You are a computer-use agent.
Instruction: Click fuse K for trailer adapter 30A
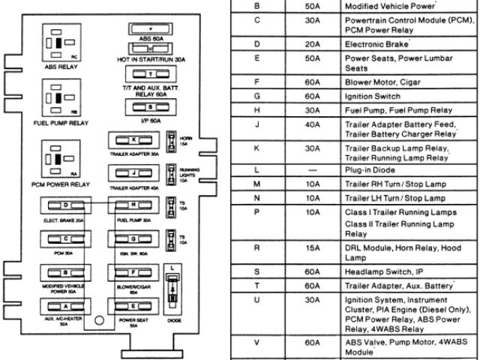pyautogui.click(x=133, y=140)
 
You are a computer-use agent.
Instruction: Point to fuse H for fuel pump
pyautogui.click(x=133, y=205)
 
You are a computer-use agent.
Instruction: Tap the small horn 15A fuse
pyautogui.click(x=173, y=139)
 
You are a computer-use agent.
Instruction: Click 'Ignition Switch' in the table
pyautogui.click(x=372, y=96)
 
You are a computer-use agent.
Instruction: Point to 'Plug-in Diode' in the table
pyautogui.click(x=370, y=171)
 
